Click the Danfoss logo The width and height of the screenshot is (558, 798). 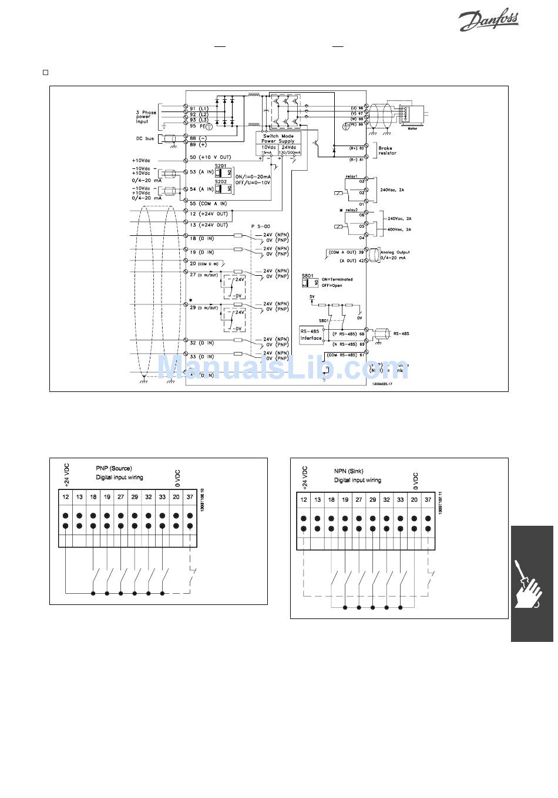(488, 21)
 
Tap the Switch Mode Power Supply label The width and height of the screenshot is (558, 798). (278, 138)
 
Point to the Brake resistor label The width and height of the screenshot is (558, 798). (387, 151)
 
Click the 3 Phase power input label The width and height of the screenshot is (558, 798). (146, 117)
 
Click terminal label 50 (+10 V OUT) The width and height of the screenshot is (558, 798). (210, 158)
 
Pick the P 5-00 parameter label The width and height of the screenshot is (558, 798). (261, 226)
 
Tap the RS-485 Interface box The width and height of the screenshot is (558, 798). (311, 334)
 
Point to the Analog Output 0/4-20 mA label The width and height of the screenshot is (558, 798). (395, 255)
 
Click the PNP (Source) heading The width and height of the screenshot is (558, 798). (114, 469)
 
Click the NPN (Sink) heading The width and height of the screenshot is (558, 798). (349, 471)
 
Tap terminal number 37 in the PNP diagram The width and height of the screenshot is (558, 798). (190, 497)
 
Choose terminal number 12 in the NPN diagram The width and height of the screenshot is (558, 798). (304, 500)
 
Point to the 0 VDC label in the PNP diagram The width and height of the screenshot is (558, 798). (177, 478)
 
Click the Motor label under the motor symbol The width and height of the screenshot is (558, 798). (413, 128)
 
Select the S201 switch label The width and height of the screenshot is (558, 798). (220, 166)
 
